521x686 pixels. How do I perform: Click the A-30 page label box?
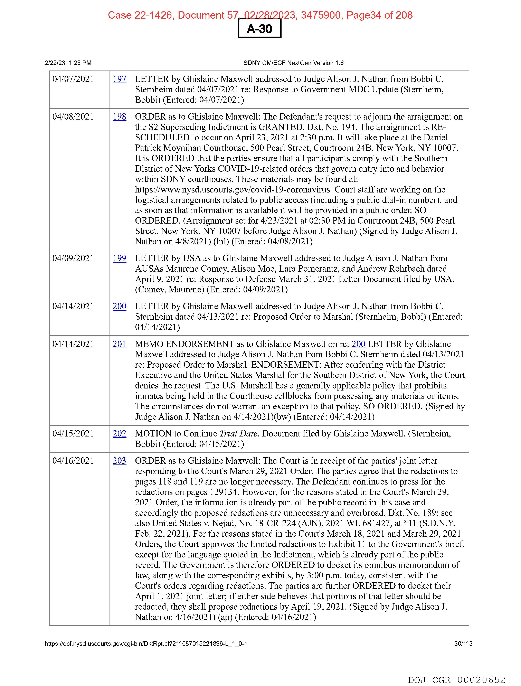259,29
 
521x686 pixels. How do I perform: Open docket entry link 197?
119,79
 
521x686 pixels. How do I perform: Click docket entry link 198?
119,117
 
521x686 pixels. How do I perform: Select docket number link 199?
119,258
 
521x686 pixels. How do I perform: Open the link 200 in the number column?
119,306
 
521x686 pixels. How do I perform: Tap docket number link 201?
119,344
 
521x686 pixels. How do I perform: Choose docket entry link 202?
119,434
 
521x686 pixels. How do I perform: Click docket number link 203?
119,461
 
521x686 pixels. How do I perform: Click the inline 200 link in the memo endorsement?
358,344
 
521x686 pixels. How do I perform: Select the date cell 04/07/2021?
73,79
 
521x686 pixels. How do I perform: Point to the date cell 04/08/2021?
73,117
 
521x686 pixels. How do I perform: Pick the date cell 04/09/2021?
73,258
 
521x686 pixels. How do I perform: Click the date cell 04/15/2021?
73,434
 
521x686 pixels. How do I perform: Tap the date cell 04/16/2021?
73,461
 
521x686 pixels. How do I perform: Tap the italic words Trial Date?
238,434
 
